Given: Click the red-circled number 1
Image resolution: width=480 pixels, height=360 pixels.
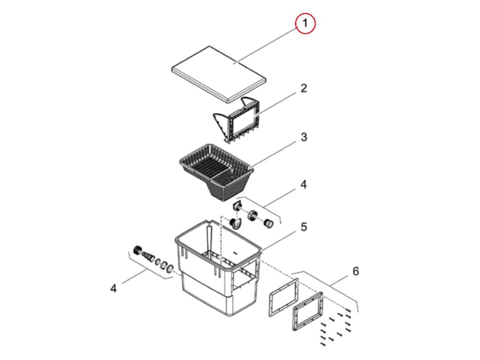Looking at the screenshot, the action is tap(306, 24).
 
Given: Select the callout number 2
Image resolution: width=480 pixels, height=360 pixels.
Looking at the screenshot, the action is tap(304, 88).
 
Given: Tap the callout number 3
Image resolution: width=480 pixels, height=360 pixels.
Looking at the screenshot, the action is tap(304, 137).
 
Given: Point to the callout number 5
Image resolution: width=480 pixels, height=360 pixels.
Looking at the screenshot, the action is tap(304, 227).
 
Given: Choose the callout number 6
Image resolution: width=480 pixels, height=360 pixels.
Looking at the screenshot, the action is tap(355, 271).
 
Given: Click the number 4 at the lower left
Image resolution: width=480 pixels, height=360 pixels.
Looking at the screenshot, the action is tap(113, 289).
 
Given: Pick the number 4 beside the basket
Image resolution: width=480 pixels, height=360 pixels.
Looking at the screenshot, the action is tap(304, 185).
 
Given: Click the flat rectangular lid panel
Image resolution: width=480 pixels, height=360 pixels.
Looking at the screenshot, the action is tap(218, 73).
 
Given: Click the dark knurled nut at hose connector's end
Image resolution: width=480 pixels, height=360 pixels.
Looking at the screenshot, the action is tap(137, 250).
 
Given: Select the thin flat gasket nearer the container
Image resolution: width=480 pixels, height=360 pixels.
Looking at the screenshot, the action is tap(283, 297).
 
